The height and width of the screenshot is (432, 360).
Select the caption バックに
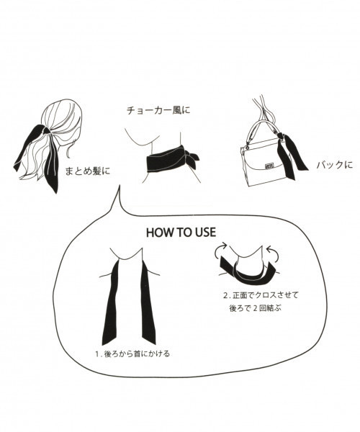point(335,165)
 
